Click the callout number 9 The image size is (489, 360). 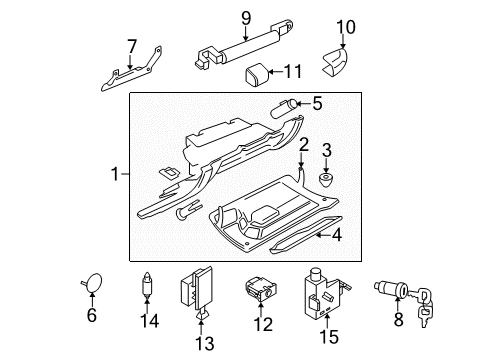tap(246, 18)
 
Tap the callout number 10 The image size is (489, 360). tap(346, 27)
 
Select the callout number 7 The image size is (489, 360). tap(132, 46)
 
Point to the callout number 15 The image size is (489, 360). tap(329, 336)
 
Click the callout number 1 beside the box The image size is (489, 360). tap(115, 174)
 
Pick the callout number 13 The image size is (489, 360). tap(204, 343)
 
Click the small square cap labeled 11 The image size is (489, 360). tap(257, 75)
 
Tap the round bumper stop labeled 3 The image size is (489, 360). tap(326, 179)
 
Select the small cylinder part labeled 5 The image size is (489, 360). tap(284, 109)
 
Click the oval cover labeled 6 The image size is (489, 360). tap(93, 282)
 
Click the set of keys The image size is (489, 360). tap(423, 307)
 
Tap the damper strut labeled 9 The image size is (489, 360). tap(244, 44)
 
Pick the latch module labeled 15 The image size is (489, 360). tap(326, 293)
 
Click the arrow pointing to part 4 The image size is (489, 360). tap(323, 235)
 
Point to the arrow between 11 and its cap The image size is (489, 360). tap(275, 71)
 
